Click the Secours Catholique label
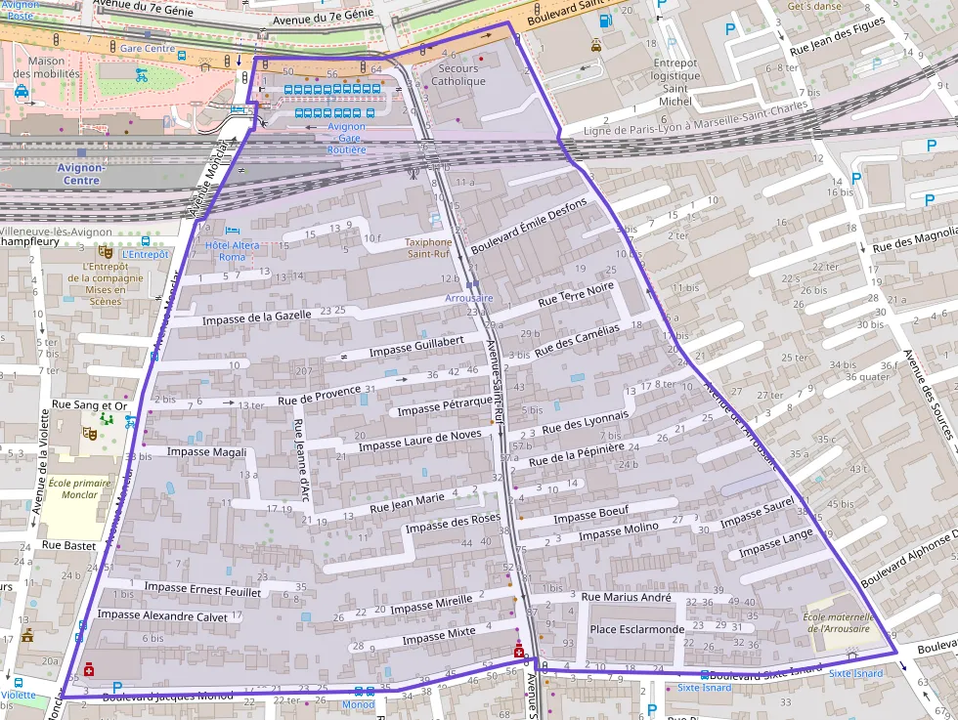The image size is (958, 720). pyautogui.click(x=458, y=75)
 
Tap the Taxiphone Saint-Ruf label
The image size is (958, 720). pyautogui.click(x=429, y=248)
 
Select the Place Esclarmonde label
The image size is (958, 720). pyautogui.click(x=636, y=629)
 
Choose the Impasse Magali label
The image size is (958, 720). pyautogui.click(x=206, y=451)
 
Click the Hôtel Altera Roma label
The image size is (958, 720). pyautogui.click(x=225, y=250)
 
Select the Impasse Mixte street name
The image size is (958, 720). pyautogui.click(x=438, y=635)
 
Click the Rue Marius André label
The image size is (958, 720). pyautogui.click(x=626, y=597)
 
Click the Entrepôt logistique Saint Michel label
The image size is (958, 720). pyautogui.click(x=675, y=82)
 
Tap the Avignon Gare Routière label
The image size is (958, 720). pyautogui.click(x=346, y=138)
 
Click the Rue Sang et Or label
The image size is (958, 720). pyautogui.click(x=90, y=405)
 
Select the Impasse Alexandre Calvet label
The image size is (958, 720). pyautogui.click(x=162, y=615)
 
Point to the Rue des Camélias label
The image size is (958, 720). pyautogui.click(x=577, y=340)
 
